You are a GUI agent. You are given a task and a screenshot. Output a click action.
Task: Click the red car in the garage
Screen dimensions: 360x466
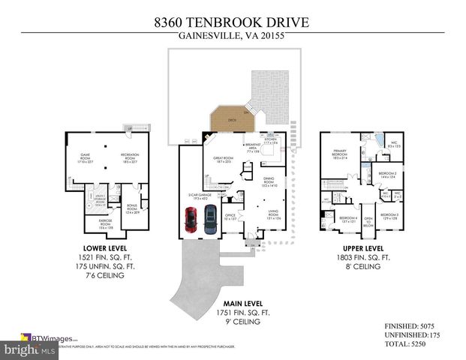(190, 220)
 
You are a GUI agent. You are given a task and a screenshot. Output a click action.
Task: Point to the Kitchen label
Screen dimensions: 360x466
(271, 141)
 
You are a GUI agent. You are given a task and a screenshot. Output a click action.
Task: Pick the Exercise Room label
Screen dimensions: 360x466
(106, 223)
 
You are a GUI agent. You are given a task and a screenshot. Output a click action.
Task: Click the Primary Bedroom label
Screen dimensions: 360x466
(340, 156)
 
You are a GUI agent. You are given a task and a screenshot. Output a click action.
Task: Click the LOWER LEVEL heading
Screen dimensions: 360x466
(105, 248)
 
